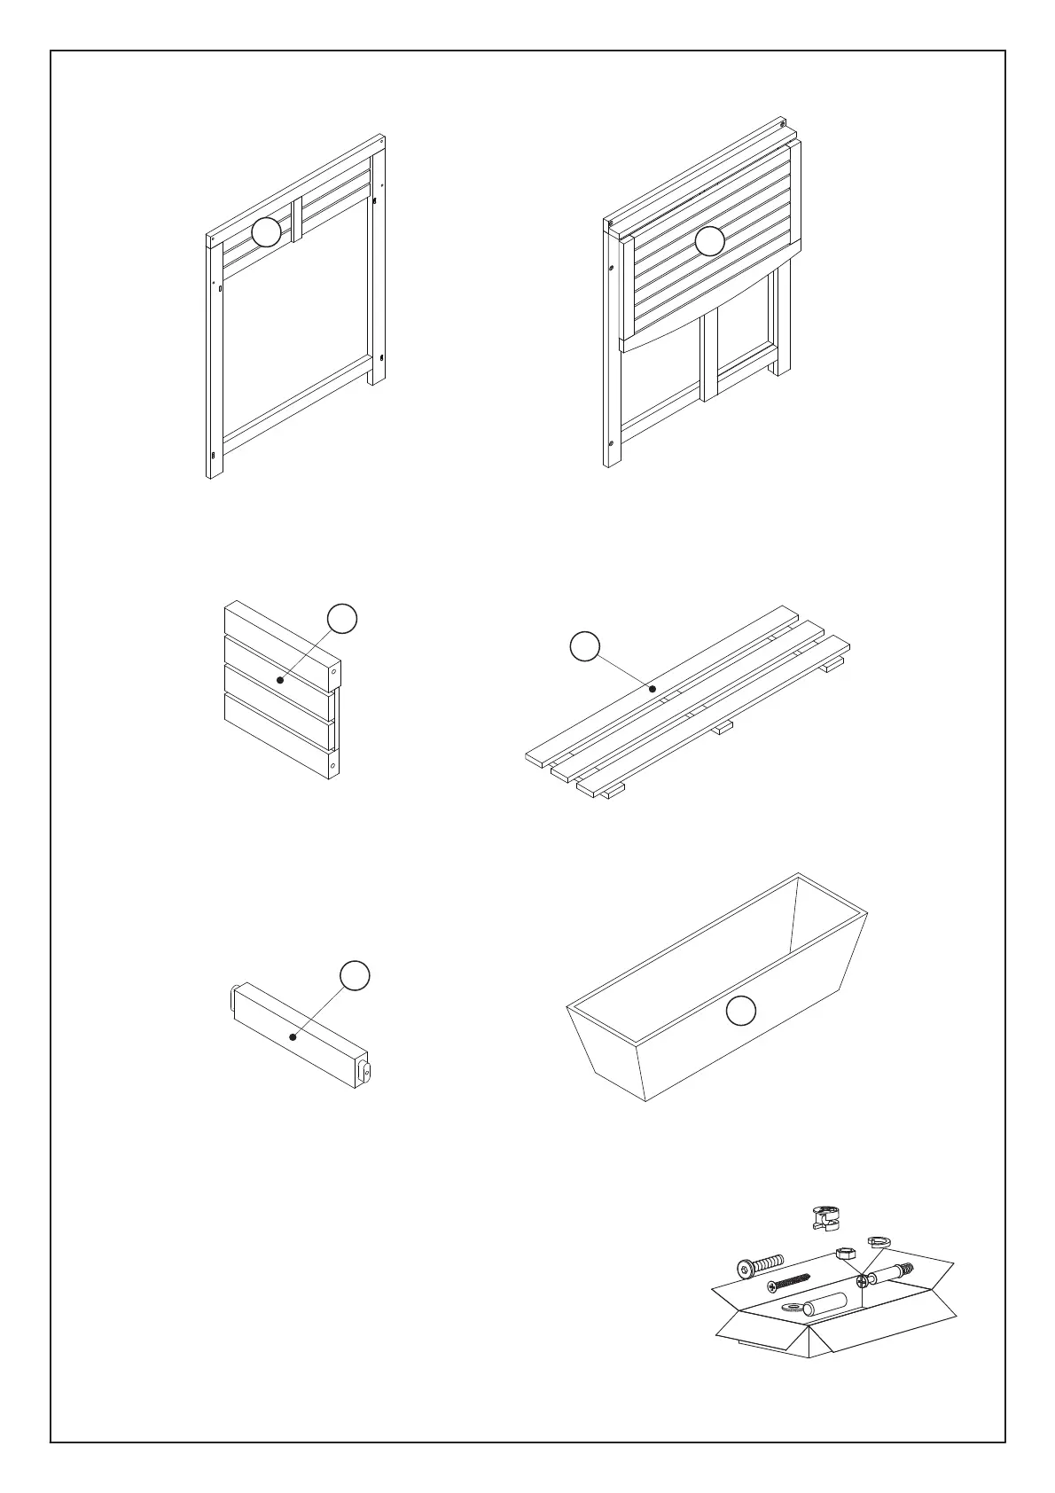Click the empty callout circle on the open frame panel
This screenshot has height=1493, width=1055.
[266, 232]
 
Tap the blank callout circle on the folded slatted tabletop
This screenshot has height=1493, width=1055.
[709, 241]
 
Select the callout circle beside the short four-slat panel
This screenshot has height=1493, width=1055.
[342, 619]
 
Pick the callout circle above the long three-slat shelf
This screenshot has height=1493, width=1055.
[583, 646]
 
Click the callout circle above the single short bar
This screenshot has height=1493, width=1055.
[355, 974]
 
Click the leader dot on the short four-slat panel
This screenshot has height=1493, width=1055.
[280, 680]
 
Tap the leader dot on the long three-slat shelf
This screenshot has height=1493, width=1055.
[653, 688]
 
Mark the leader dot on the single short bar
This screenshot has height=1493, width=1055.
[293, 1036]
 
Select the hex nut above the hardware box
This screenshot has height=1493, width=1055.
[845, 1253]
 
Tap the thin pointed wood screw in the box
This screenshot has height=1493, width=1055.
[788, 1282]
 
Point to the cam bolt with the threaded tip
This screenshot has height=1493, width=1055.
[887, 1273]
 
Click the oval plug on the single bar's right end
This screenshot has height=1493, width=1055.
[364, 1072]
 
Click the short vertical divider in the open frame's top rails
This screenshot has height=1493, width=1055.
[297, 218]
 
